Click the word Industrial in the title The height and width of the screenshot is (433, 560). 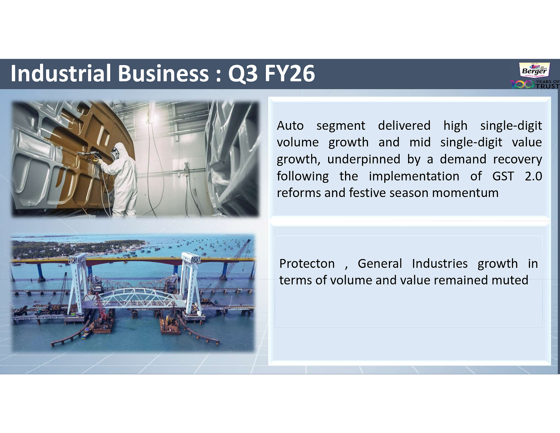[x=61, y=73]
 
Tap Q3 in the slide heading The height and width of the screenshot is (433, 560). [x=243, y=74]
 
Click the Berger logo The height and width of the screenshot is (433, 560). [x=534, y=70]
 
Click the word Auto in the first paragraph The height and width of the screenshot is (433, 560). [x=290, y=125]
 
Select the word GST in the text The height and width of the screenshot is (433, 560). [x=503, y=176]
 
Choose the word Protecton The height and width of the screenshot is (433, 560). [x=307, y=263]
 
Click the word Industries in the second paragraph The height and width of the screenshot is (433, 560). [x=440, y=263]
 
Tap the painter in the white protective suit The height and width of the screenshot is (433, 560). [x=123, y=177]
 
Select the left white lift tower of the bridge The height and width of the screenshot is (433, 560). [x=78, y=283]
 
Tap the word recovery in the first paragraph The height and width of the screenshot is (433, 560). [x=517, y=159]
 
